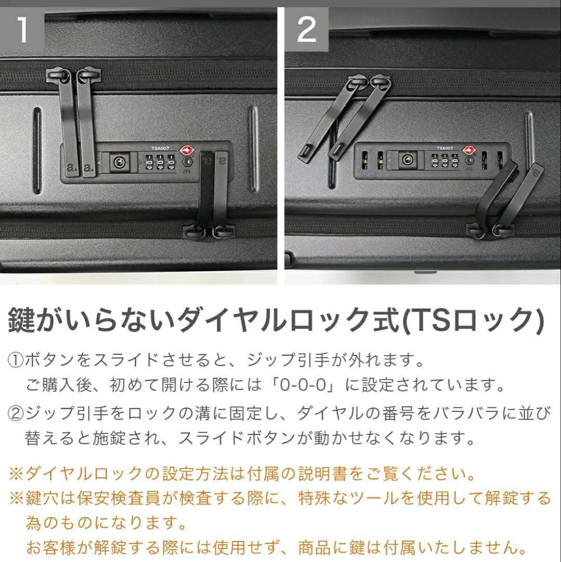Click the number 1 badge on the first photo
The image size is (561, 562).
pos(22,29)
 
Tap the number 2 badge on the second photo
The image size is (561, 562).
pos(306,29)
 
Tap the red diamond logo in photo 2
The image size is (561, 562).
pos(469,151)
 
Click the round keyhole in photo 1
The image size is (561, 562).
pos(120,163)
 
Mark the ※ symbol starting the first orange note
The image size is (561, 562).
pos(16,475)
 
